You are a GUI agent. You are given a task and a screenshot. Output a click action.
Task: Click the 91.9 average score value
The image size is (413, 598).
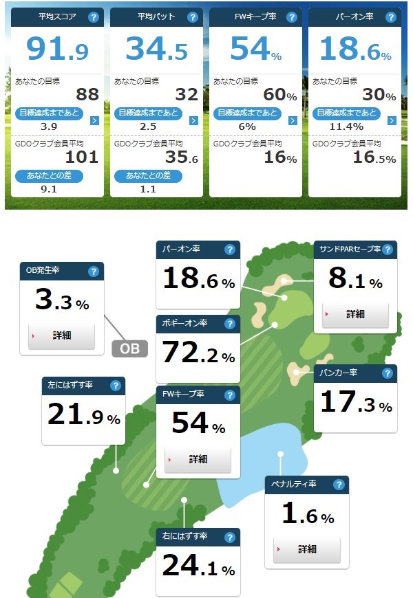click(57, 48)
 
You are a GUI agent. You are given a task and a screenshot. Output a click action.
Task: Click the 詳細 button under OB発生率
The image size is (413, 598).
click(62, 335)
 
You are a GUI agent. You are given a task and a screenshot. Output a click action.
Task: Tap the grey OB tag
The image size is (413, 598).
click(129, 348)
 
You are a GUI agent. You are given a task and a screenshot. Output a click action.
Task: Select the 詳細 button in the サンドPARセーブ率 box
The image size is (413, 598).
click(355, 314)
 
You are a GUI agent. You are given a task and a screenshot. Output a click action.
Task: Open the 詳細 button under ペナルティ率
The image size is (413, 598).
click(307, 549)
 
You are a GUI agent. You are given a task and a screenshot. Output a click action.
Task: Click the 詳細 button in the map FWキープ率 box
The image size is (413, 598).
click(198, 458)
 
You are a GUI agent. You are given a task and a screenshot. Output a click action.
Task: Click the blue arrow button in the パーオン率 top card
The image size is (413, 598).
click(392, 120)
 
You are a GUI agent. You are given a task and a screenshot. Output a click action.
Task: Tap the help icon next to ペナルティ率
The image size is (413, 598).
click(339, 485)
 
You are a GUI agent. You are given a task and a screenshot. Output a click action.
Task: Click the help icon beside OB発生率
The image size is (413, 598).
click(94, 272)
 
